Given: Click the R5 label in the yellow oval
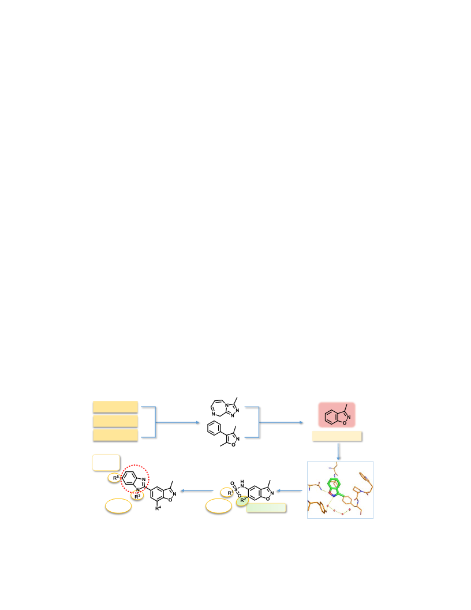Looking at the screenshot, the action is tap(115, 478).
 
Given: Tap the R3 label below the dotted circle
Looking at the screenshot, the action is tap(137, 496).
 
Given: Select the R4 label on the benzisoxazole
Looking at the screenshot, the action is tap(158, 508).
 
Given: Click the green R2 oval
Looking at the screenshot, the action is tap(242, 500).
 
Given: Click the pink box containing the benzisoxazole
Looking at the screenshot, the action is tap(337, 415).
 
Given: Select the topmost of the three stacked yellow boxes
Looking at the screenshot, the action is tap(115, 407).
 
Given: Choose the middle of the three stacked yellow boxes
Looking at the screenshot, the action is tap(115, 421).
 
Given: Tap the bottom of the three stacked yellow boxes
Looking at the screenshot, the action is tap(115, 436).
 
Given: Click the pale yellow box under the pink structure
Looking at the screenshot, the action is tap(337, 436).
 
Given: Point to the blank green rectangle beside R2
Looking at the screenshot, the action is tap(266, 508).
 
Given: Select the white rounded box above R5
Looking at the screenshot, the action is tap(106, 463).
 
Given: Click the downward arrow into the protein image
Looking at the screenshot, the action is tap(338, 452).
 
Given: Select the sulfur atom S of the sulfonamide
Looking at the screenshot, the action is tap(236, 490).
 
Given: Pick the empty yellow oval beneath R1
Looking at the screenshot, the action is tap(219, 506).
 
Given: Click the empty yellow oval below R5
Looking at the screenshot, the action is tap(118, 506).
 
